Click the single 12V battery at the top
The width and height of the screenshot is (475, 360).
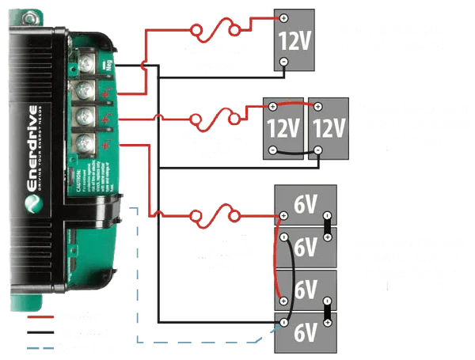point(294,40)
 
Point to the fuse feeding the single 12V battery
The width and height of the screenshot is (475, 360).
point(215,31)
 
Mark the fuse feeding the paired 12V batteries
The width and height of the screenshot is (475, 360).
point(215,120)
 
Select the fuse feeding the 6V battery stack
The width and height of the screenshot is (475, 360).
point(215,214)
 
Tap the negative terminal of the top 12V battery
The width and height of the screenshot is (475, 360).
point(283,62)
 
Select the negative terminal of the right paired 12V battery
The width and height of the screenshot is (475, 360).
point(317,149)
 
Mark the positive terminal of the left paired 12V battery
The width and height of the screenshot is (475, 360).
point(272,107)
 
